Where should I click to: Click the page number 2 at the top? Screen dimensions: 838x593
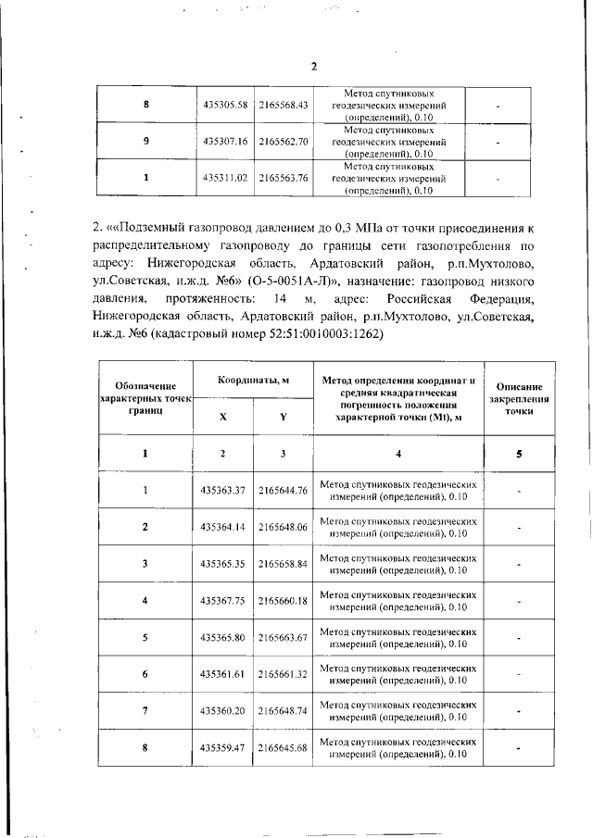[314, 67]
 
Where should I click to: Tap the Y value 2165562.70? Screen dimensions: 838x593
[284, 142]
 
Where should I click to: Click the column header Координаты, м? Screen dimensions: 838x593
[254, 381]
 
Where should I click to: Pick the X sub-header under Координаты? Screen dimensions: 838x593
[223, 417]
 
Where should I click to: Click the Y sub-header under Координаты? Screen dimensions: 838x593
[283, 417]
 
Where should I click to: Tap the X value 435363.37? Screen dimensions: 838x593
[223, 490]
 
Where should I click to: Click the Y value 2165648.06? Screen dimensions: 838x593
[283, 526]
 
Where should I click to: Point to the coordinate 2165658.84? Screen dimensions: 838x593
[283, 563]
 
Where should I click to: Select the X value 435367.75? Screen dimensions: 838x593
[223, 600]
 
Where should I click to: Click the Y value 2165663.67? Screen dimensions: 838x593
[283, 637]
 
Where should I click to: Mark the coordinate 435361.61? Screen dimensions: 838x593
[223, 674]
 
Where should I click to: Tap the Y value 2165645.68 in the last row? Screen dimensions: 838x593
[283, 748]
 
